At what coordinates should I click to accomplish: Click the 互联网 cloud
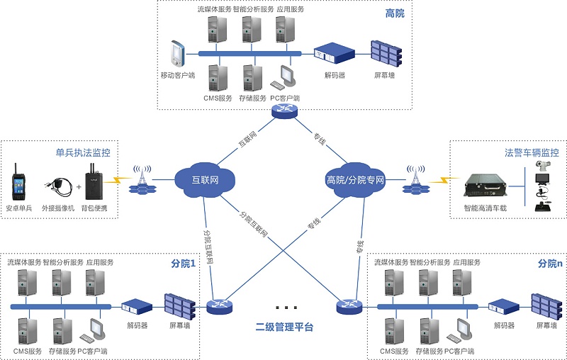(x=204, y=180)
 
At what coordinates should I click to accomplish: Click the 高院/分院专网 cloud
(x=355, y=179)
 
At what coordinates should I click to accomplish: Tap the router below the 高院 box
(x=285, y=111)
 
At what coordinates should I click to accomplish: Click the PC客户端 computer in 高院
(x=286, y=77)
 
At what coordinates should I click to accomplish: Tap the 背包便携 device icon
(x=94, y=182)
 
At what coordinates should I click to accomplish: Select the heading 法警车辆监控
(x=532, y=152)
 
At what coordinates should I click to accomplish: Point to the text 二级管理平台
(x=284, y=327)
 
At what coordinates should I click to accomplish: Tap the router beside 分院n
(x=349, y=305)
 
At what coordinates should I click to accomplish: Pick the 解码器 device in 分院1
(x=137, y=307)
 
